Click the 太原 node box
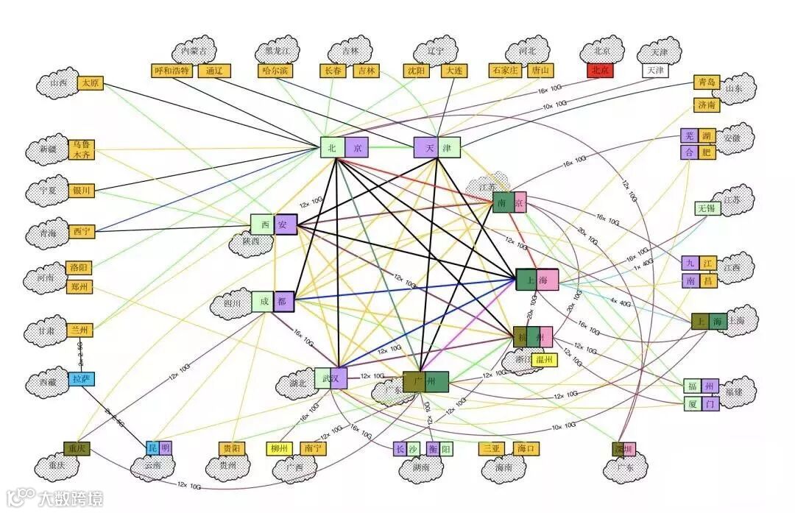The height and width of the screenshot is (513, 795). pyautogui.click(x=91, y=83)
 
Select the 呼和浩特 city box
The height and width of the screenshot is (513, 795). pyautogui.click(x=172, y=71)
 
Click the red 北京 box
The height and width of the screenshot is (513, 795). pyautogui.click(x=598, y=71)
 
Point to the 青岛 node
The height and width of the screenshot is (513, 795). pyautogui.click(x=705, y=82)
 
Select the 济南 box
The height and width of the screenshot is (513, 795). pyautogui.click(x=705, y=105)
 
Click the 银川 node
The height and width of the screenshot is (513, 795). pyautogui.click(x=81, y=191)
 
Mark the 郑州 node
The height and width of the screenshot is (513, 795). pyautogui.click(x=79, y=287)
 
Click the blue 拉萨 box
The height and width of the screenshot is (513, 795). pyautogui.click(x=81, y=380)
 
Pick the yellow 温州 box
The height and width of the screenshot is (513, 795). pyautogui.click(x=544, y=360)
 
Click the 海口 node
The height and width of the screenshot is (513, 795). pyautogui.click(x=523, y=448)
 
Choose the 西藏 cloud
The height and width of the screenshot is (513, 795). pyautogui.click(x=48, y=383)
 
